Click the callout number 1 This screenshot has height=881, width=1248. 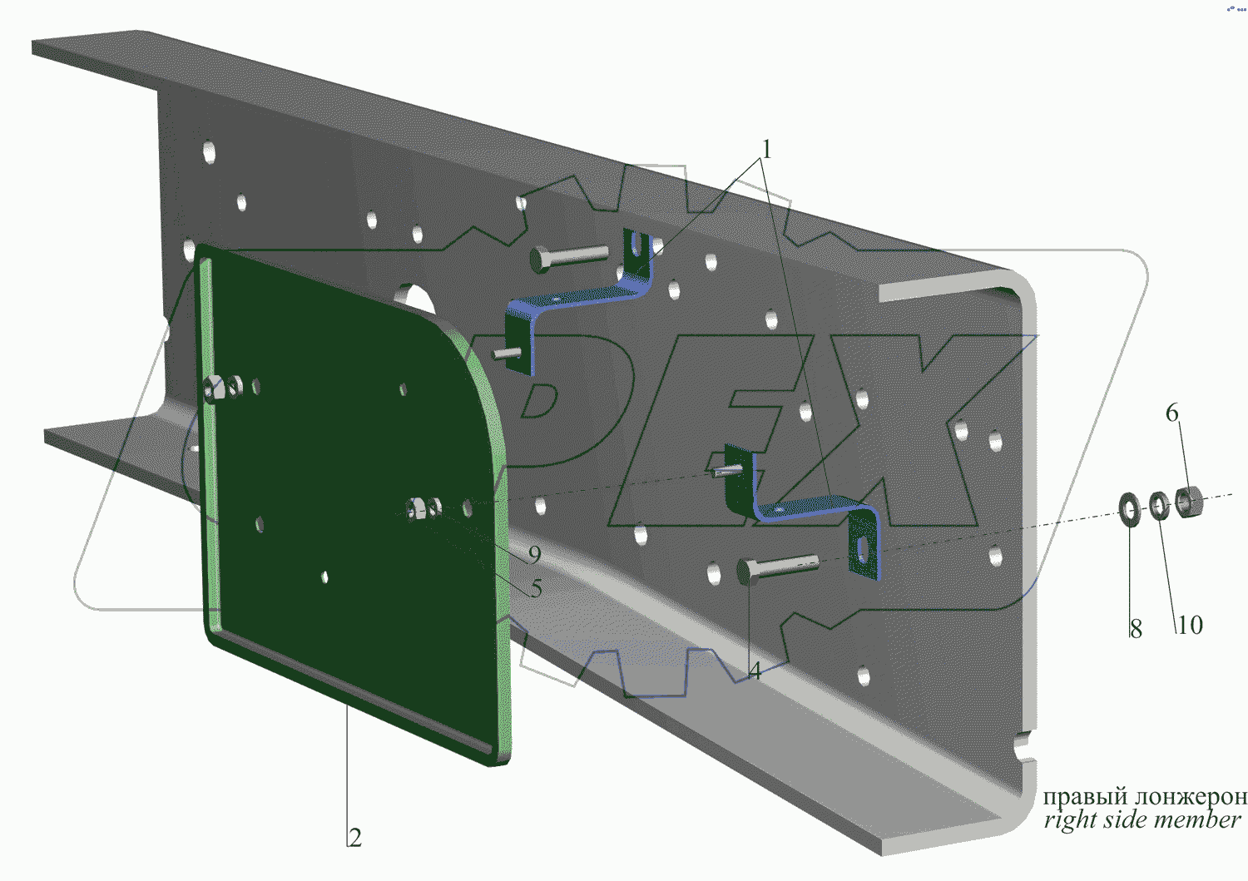tap(766, 150)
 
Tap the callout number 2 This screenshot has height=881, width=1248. tap(355, 838)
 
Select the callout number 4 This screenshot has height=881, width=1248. tap(755, 671)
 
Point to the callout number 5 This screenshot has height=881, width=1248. tap(536, 588)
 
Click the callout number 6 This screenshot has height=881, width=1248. tap(1172, 413)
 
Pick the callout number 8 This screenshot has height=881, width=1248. tap(1136, 629)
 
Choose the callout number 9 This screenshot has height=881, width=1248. tap(534, 554)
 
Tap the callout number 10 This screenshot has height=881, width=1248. tap(1190, 625)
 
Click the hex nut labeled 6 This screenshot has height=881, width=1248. tap(1189, 502)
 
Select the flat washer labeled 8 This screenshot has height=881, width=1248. tap(1130, 509)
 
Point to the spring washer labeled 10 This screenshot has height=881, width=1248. tap(1160, 506)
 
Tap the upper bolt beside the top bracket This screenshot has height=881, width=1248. tap(569, 258)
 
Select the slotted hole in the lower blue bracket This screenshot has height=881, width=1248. tap(863, 549)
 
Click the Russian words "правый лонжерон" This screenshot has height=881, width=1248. tap(1145, 796)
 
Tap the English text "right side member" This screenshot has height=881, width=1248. tap(1142, 819)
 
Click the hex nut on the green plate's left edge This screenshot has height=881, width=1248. tap(213, 389)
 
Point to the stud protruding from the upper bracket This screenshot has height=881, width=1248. tap(507, 354)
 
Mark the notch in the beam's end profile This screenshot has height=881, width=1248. tap(1025, 748)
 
